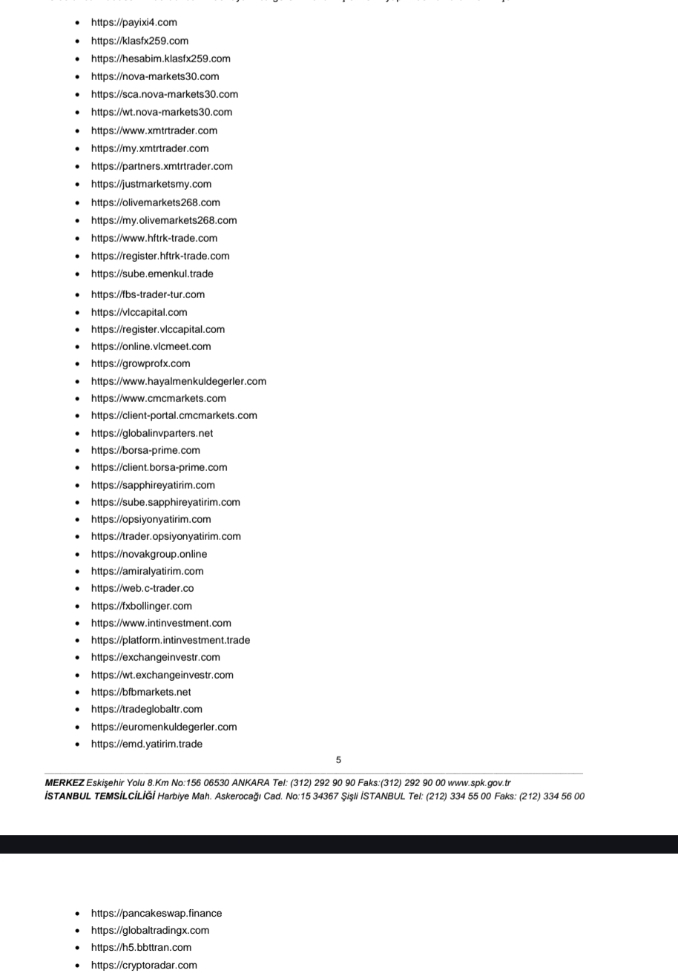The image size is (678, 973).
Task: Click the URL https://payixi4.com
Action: [134, 23]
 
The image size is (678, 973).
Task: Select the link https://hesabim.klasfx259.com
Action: [160, 59]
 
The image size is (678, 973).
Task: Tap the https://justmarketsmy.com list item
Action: [151, 184]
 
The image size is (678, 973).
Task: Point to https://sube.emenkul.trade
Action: [151, 274]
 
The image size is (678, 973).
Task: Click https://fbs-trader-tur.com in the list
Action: [148, 294]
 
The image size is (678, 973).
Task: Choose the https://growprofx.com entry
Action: [140, 363]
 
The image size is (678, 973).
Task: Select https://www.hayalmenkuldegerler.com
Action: [178, 381]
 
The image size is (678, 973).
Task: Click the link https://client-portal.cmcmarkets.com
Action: [174, 415]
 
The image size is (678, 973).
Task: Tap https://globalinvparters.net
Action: [151, 433]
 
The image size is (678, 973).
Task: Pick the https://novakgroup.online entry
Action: [148, 554]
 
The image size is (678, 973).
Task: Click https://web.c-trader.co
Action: [142, 588]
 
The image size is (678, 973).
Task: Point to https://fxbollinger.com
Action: [141, 606]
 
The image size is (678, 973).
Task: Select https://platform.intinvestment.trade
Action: [170, 640]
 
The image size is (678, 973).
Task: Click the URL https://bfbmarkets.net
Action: [140, 692]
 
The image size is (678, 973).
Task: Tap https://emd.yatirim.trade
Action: [146, 744]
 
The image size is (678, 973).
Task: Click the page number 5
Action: [339, 760]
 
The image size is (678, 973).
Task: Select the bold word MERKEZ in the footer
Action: [65, 783]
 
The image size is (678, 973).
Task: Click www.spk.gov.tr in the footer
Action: [479, 783]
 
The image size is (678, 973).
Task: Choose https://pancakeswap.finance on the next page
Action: [156, 914]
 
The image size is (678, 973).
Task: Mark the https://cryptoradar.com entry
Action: [144, 965]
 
